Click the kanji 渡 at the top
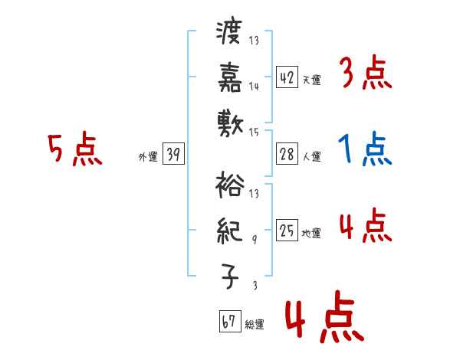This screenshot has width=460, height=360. [229, 34]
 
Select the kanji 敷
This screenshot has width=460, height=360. [229, 123]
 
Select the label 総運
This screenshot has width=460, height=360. [255, 325]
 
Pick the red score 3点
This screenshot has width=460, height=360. [365, 74]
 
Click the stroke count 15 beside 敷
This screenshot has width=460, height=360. [254, 132]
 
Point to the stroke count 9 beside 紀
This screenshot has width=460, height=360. [255, 240]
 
